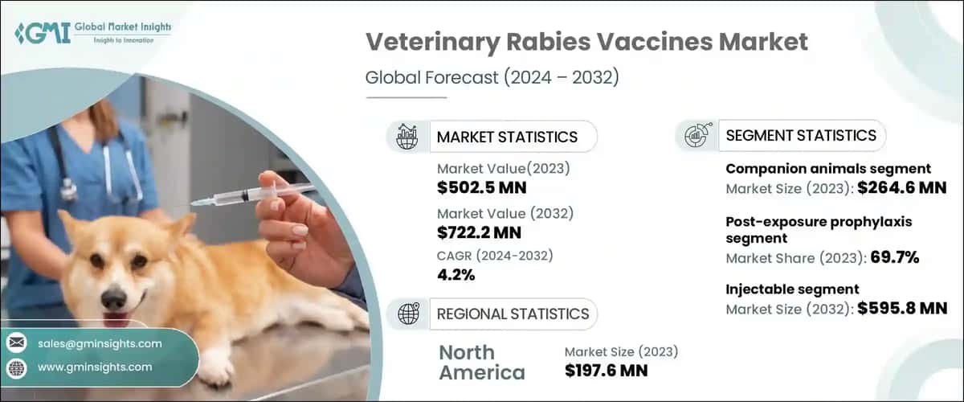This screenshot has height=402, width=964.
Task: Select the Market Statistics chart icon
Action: [x=406, y=137]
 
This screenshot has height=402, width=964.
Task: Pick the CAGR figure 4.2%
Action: [x=455, y=275]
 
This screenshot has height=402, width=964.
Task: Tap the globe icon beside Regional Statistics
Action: [x=406, y=314]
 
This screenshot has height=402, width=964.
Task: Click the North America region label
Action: [x=481, y=362]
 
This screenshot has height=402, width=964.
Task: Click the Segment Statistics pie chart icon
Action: [x=696, y=136]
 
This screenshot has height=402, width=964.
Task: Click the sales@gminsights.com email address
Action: [x=100, y=343]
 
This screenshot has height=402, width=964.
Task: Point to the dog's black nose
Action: [x=113, y=299]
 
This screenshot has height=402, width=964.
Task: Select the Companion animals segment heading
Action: [x=828, y=169]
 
